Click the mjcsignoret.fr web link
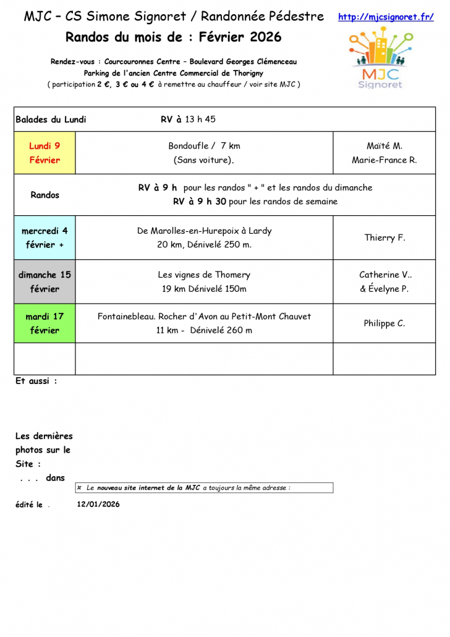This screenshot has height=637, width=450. (386, 17)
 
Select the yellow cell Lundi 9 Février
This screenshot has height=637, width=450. (45, 153)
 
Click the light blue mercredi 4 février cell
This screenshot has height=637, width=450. (45, 237)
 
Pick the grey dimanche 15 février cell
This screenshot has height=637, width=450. (45, 281)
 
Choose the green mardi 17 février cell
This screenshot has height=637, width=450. (45, 323)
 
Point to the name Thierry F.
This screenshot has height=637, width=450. (384, 237)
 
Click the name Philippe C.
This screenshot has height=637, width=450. (384, 323)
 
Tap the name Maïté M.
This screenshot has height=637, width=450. (384, 146)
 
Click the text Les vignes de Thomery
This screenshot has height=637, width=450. (204, 275)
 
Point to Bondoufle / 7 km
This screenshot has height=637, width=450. (204, 146)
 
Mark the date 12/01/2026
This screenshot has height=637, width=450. (98, 504)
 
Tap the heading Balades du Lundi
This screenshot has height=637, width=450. (51, 119)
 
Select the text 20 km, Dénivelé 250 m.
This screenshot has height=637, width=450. (204, 244)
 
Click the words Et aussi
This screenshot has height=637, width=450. (36, 381)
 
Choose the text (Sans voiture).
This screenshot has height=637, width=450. (204, 160)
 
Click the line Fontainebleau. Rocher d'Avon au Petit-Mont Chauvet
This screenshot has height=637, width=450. (204, 316)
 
